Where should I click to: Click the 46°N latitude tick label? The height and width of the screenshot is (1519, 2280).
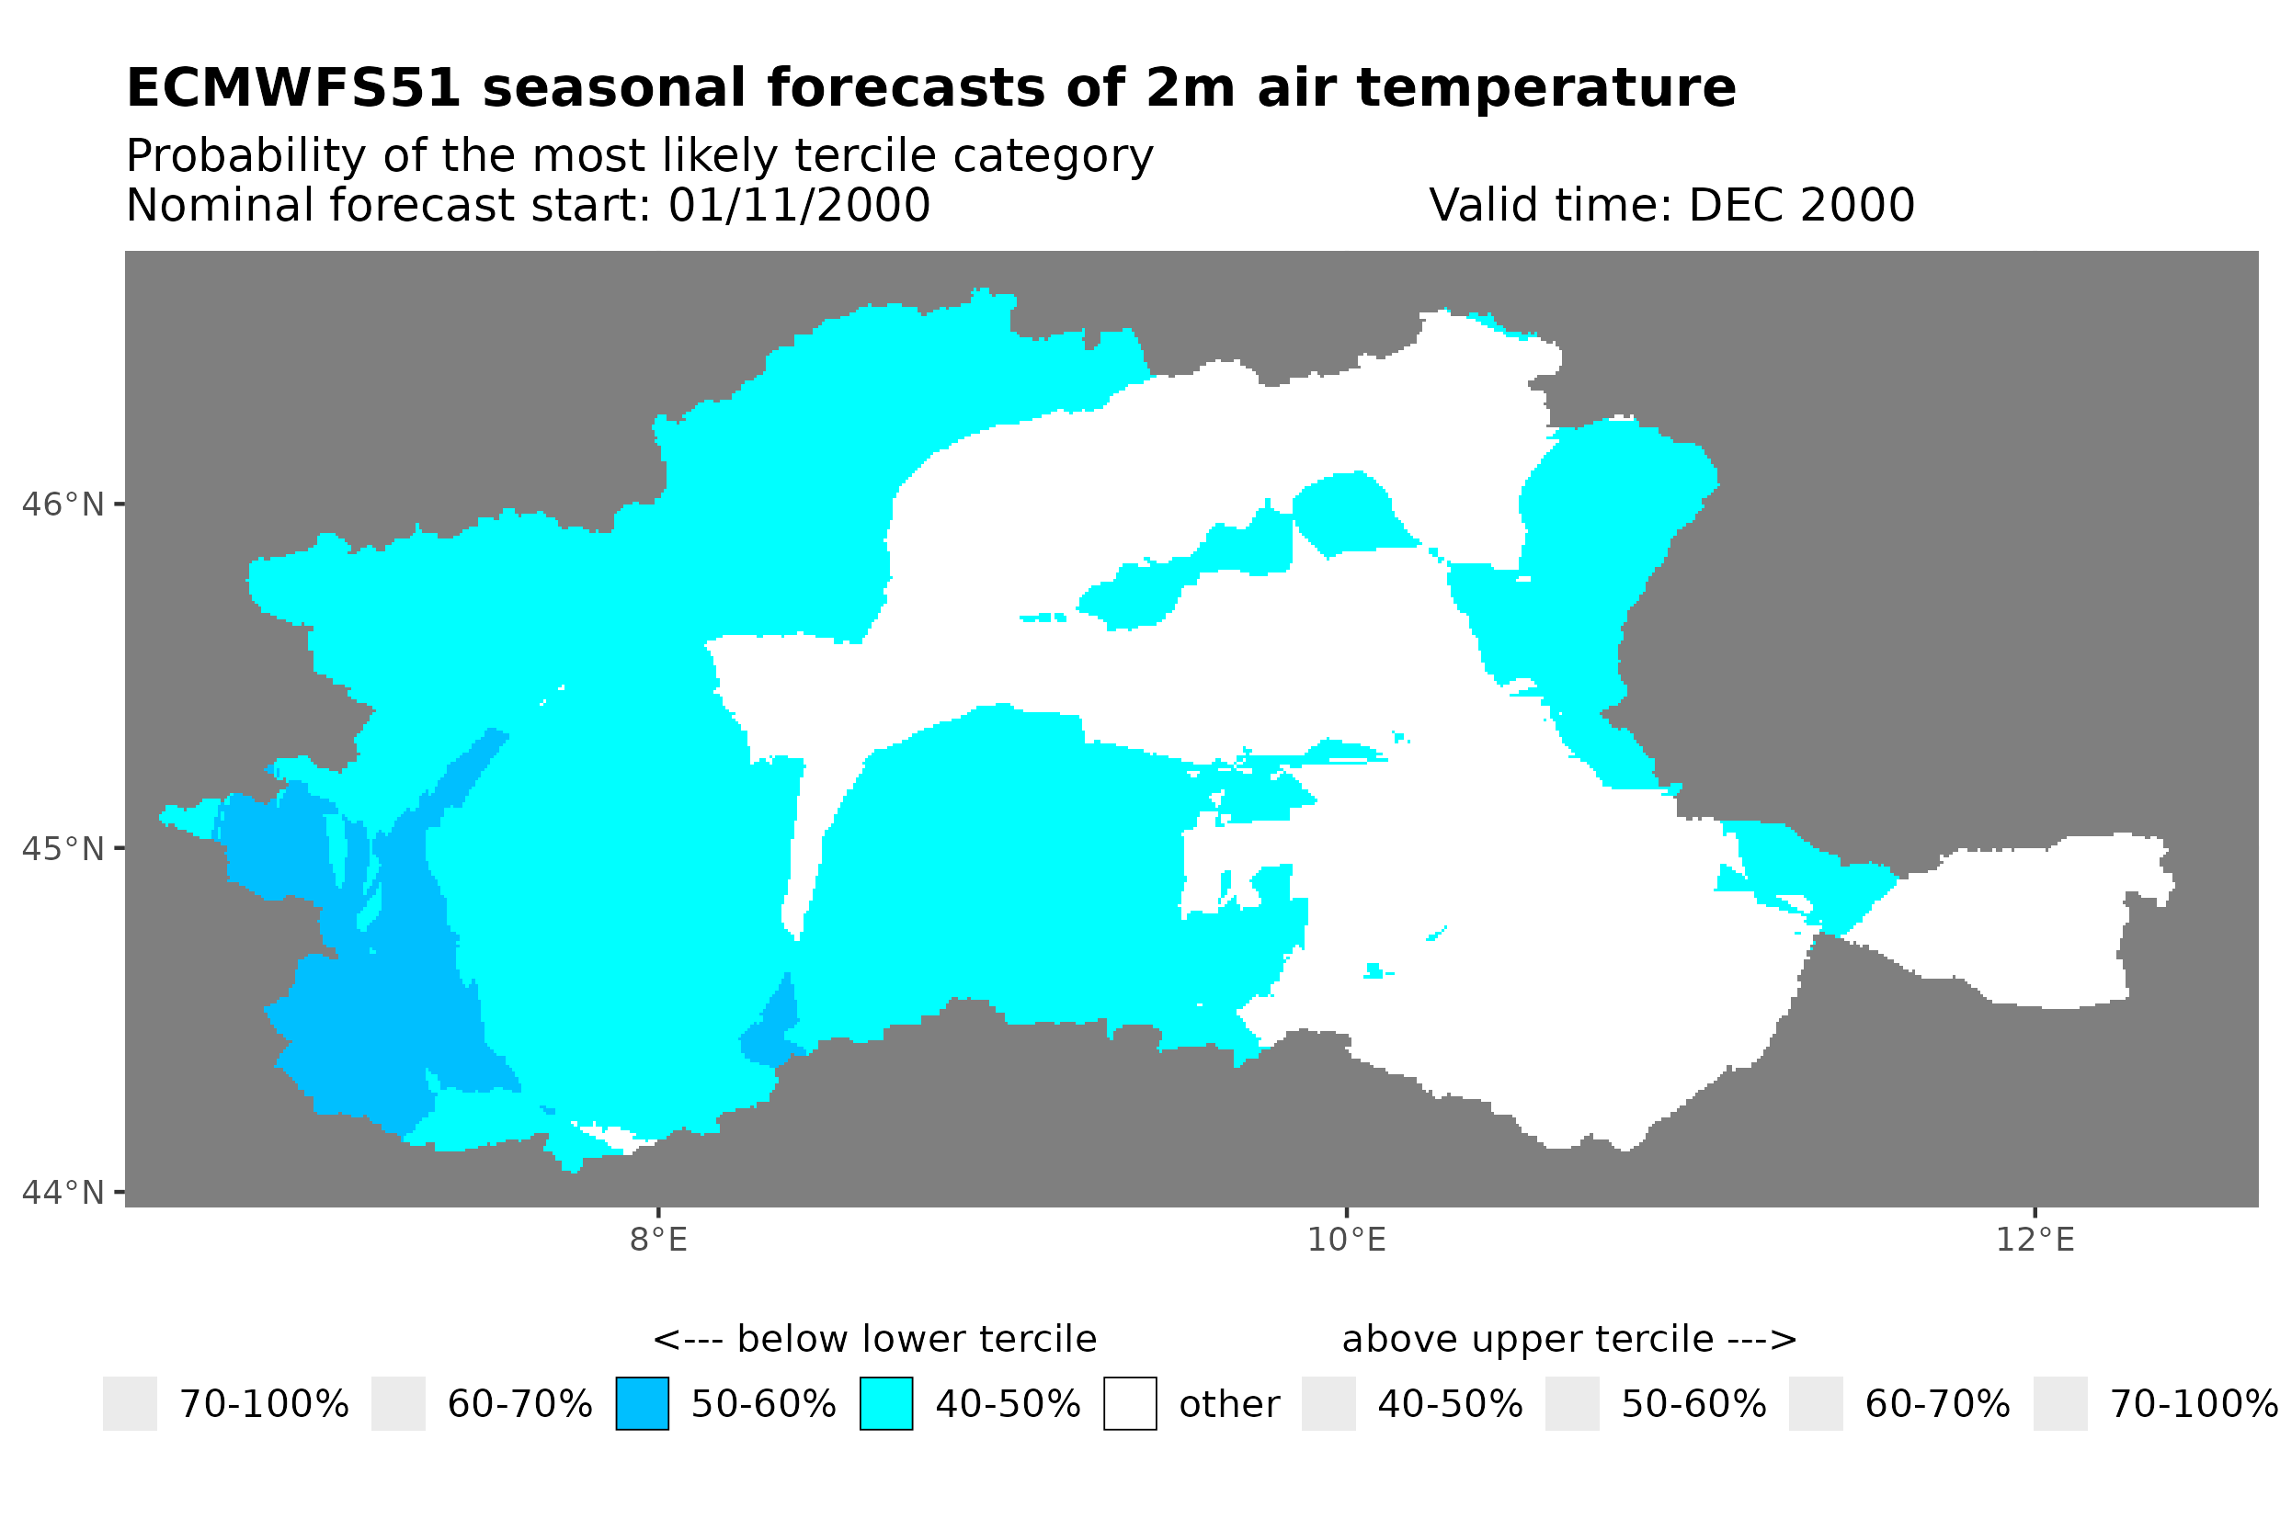62,504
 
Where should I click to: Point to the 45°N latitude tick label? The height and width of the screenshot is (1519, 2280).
62,848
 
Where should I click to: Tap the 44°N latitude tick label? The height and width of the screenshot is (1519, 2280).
62,1193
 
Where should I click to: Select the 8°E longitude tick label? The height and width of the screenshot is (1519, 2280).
658,1240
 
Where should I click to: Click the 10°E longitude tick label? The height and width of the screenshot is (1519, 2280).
1346,1240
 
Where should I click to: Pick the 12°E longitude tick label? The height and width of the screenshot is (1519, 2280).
2035,1240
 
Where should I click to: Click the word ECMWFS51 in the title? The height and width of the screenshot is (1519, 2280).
292,89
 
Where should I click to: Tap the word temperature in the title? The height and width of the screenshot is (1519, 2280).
1545,89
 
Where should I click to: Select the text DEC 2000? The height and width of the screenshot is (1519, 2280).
1800,205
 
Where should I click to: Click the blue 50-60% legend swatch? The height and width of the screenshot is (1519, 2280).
642,1404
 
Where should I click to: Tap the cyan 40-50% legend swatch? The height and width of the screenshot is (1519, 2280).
885,1404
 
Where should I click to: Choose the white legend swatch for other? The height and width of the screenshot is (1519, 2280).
1130,1404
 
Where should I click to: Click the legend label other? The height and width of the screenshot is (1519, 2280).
1228,1405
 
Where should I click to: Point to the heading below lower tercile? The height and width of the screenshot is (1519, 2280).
875,1340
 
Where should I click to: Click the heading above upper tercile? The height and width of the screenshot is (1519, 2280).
1568,1340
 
